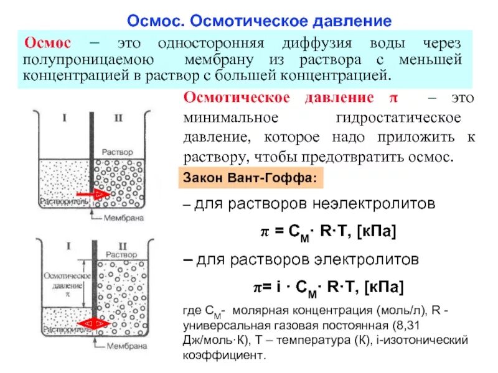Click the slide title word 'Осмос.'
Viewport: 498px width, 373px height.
coord(156,22)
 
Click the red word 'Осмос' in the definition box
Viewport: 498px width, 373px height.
coord(47,44)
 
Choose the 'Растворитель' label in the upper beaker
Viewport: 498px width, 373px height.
coord(61,201)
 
